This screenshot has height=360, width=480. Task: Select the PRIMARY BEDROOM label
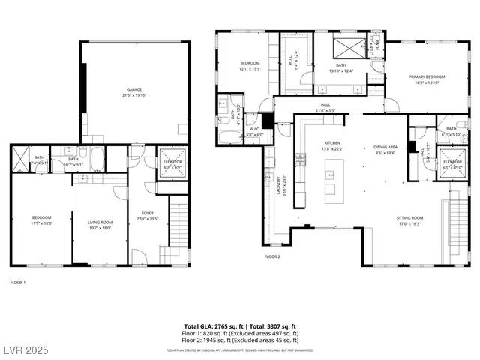[426, 76]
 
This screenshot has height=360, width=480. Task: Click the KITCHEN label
[332, 142]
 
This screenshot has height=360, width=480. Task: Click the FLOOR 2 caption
[271, 256]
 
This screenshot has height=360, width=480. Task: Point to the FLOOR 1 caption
[17, 282]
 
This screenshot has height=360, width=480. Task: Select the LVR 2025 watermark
[25, 349]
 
